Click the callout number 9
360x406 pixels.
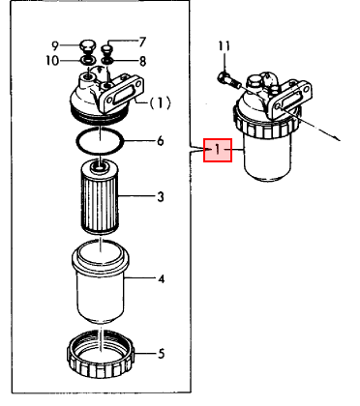click(55, 45)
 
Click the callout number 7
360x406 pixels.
click(141, 42)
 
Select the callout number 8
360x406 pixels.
click(141, 61)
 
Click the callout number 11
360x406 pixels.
click(224, 46)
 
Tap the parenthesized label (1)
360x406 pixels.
click(160, 101)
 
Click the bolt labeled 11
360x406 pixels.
click(225, 73)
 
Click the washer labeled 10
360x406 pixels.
click(86, 61)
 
